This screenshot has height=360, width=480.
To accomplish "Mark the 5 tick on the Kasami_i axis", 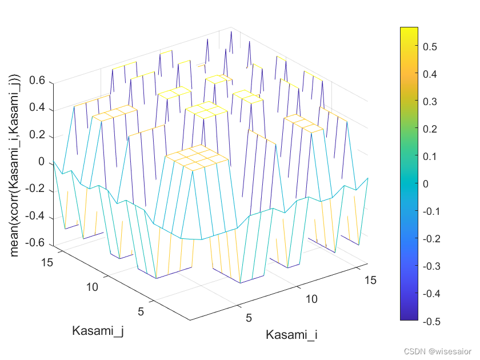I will (x=249, y=317).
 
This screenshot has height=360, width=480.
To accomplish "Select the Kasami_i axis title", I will (x=291, y=335).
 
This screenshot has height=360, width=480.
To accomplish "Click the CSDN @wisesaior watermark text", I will (x=443, y=351).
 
